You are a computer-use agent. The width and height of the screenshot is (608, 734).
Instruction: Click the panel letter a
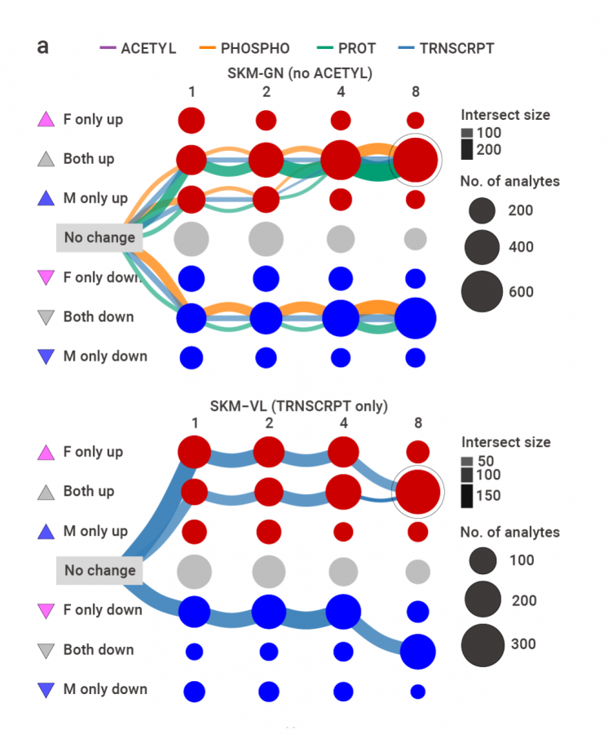[x=42, y=46]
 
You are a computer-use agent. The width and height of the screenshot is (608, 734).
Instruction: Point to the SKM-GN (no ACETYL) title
[x=299, y=73]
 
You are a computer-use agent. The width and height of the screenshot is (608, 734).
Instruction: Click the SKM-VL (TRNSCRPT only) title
[x=299, y=405]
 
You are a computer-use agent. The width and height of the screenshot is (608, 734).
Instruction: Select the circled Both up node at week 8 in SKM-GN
[x=416, y=160]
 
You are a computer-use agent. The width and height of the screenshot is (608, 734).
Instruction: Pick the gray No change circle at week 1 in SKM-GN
[x=192, y=239]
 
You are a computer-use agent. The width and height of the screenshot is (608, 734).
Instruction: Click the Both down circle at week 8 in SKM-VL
[x=417, y=651]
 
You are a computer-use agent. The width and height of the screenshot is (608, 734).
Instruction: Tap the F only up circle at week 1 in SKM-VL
[x=194, y=452]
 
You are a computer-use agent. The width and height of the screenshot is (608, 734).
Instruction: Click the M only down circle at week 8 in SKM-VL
[x=417, y=692]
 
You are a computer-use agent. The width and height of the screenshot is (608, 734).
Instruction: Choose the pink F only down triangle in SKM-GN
[x=46, y=278]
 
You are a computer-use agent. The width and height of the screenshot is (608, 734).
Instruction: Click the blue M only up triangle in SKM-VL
[x=46, y=531]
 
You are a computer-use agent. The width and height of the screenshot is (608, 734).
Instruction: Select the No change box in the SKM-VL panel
[x=99, y=570]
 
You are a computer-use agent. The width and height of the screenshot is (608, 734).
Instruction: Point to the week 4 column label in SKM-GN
[x=340, y=91]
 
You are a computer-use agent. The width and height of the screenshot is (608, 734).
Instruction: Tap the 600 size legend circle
[x=482, y=292]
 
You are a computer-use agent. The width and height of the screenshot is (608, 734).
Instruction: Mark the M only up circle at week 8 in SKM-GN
[x=415, y=199]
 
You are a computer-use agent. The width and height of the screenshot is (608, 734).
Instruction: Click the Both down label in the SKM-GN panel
[x=99, y=317]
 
